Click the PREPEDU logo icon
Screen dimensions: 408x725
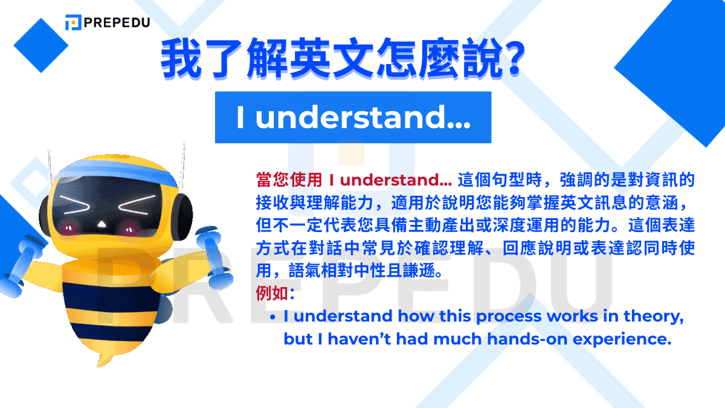(x=73, y=22)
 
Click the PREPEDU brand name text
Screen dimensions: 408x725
(x=117, y=22)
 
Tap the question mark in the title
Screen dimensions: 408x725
(x=511, y=60)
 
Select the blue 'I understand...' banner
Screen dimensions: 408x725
(x=353, y=117)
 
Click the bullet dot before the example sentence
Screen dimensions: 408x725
(x=273, y=317)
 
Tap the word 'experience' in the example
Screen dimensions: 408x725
(x=630, y=340)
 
